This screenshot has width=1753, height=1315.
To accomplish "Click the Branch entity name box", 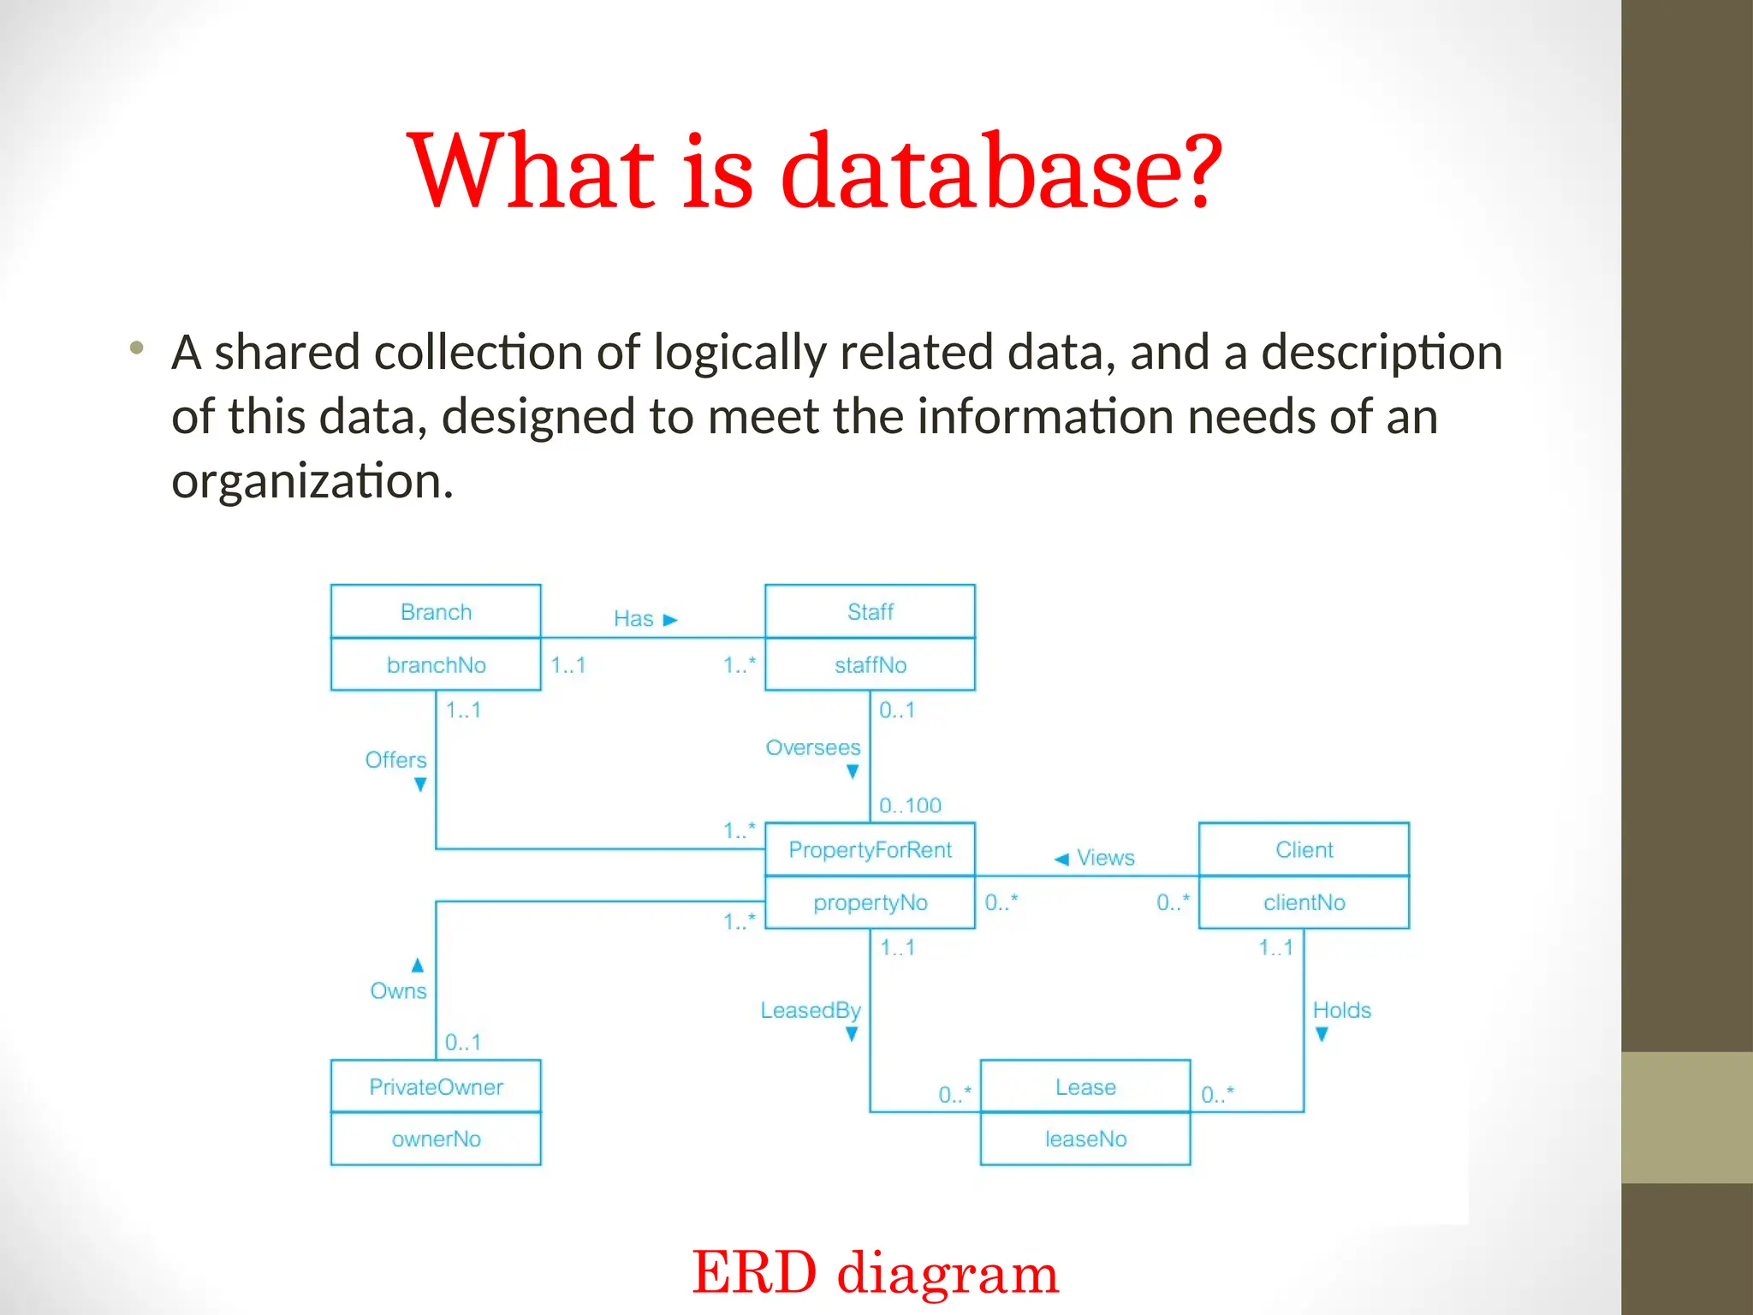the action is tap(436, 611).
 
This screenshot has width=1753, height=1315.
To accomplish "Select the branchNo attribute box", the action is tap(436, 664).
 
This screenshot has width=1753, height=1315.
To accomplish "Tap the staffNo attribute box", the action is tap(870, 664).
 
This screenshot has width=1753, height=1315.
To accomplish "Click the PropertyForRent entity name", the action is tap(870, 849).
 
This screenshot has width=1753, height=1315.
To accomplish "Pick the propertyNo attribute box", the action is tap(870, 902).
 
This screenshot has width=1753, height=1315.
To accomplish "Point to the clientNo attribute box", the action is tap(1304, 902).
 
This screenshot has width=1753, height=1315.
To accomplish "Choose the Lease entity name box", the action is tap(1085, 1086).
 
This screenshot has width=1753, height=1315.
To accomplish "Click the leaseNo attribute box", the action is tap(1085, 1139).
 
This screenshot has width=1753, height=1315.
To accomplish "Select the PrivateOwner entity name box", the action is tap(436, 1086).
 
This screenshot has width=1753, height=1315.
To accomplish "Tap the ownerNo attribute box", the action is tap(436, 1139).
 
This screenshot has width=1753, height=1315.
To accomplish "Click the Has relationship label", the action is tap(633, 618).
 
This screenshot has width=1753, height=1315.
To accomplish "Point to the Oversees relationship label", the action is tap(812, 747).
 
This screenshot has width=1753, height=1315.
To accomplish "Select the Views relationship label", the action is tap(1105, 857).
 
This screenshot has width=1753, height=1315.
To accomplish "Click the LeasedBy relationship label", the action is tap(810, 1010).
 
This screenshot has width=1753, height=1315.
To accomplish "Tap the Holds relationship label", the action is tap(1341, 1010).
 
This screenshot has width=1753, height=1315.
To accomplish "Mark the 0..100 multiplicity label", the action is tap(910, 805).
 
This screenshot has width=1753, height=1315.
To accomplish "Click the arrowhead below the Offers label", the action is tap(420, 784).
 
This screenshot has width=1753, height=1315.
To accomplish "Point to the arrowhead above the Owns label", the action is tap(418, 966).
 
